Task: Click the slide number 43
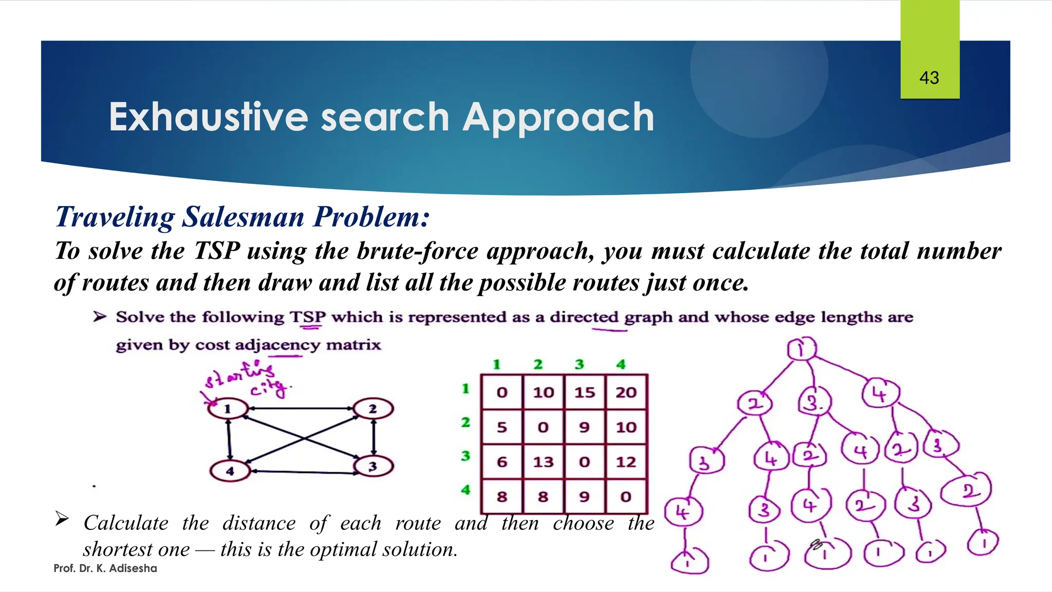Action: pos(929,78)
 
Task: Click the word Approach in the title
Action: pos(558,118)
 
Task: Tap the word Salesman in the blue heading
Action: pos(243,216)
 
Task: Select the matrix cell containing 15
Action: pos(585,393)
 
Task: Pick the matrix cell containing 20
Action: pos(626,393)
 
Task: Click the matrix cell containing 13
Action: pos(543,462)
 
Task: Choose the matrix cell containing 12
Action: pos(626,462)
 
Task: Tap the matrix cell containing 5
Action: pos(502,427)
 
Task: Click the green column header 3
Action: pos(579,364)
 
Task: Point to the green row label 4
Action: pos(465,490)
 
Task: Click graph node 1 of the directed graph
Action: pos(228,409)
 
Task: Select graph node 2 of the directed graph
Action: pos(373,409)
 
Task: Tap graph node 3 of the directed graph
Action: pos(373,466)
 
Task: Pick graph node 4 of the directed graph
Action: pos(230,471)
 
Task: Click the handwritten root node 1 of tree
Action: pos(801,349)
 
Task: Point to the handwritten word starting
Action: pos(239,374)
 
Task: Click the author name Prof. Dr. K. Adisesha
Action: pos(105,568)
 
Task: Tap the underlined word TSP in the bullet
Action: pos(307,317)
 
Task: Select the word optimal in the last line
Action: pos(339,549)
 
